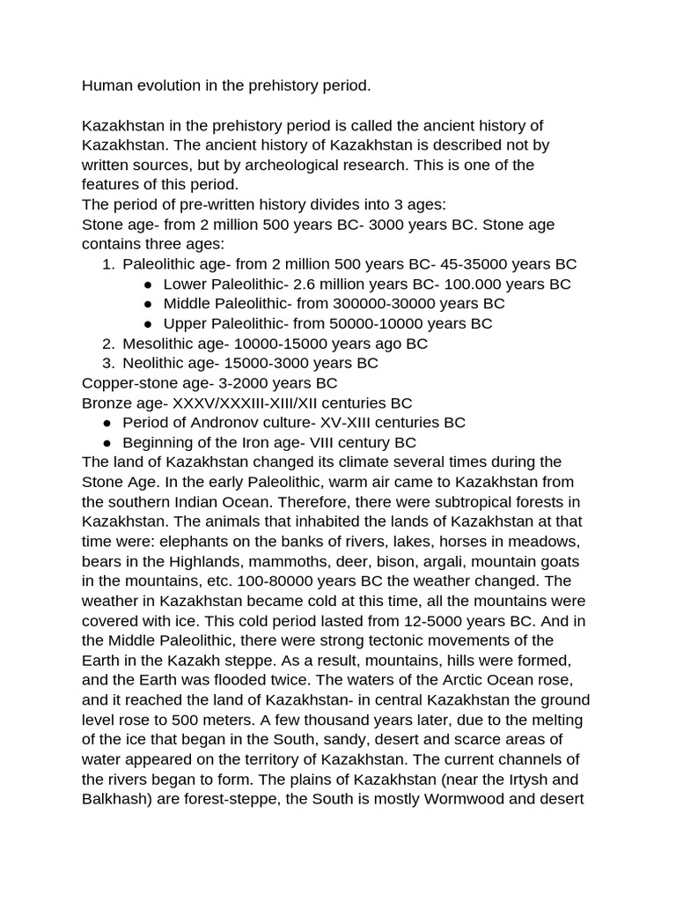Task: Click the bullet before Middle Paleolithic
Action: (x=148, y=304)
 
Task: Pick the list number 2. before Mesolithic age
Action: (x=108, y=344)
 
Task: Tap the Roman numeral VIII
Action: (x=330, y=442)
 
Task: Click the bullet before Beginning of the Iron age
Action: (x=107, y=442)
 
